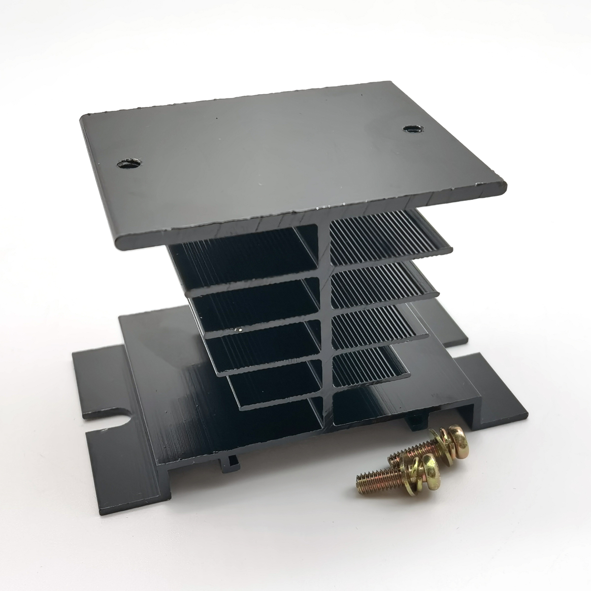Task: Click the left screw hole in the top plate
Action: point(130,163)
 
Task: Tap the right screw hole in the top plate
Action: point(409,129)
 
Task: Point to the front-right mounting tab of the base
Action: point(497,394)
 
